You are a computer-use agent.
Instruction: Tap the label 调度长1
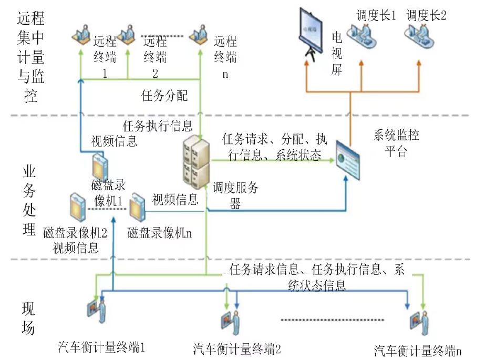click(x=376, y=15)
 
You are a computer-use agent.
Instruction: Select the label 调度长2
click(x=426, y=15)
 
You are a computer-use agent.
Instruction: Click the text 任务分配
click(x=164, y=96)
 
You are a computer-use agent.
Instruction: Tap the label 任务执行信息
click(x=158, y=126)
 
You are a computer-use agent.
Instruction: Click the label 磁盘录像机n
click(x=159, y=232)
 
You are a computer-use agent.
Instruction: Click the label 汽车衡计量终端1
click(x=101, y=347)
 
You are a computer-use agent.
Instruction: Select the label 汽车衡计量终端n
click(x=419, y=351)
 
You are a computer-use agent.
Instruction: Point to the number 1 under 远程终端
click(x=105, y=74)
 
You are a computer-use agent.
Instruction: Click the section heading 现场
click(x=29, y=317)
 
